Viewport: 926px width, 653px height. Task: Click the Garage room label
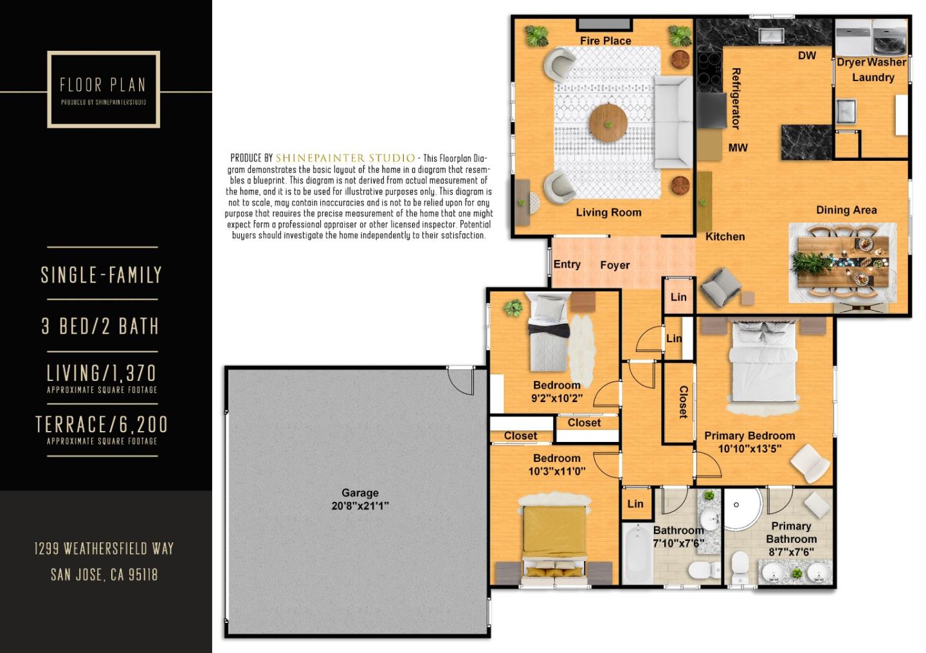pyautogui.click(x=360, y=493)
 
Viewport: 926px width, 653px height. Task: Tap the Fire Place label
pyautogui.click(x=605, y=41)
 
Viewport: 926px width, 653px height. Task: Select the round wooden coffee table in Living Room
pyautogui.click(x=608, y=123)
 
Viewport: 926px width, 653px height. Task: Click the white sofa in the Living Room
pyautogui.click(x=673, y=122)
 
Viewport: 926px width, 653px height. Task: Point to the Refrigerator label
pyautogui.click(x=736, y=99)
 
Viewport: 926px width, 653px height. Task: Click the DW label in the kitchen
pyautogui.click(x=807, y=55)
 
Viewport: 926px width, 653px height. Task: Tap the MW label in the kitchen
pyautogui.click(x=738, y=147)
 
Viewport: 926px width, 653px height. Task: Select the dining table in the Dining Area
pyautogui.click(x=843, y=262)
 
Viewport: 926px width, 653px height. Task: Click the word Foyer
pyautogui.click(x=615, y=265)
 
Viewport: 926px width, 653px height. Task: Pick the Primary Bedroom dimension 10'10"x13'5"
pyautogui.click(x=750, y=448)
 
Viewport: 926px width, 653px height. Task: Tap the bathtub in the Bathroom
pyautogui.click(x=638, y=554)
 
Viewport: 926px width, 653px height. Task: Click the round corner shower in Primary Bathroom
pyautogui.click(x=743, y=510)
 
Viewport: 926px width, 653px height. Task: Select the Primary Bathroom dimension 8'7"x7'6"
pyautogui.click(x=791, y=552)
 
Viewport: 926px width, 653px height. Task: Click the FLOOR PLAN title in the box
pyautogui.click(x=103, y=85)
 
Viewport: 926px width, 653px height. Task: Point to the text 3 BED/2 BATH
pyautogui.click(x=100, y=326)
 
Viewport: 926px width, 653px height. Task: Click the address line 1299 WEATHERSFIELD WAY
pyautogui.click(x=104, y=549)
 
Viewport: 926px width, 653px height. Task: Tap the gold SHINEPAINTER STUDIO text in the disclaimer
pyautogui.click(x=345, y=158)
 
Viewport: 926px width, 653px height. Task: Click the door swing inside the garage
pyautogui.click(x=461, y=380)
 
